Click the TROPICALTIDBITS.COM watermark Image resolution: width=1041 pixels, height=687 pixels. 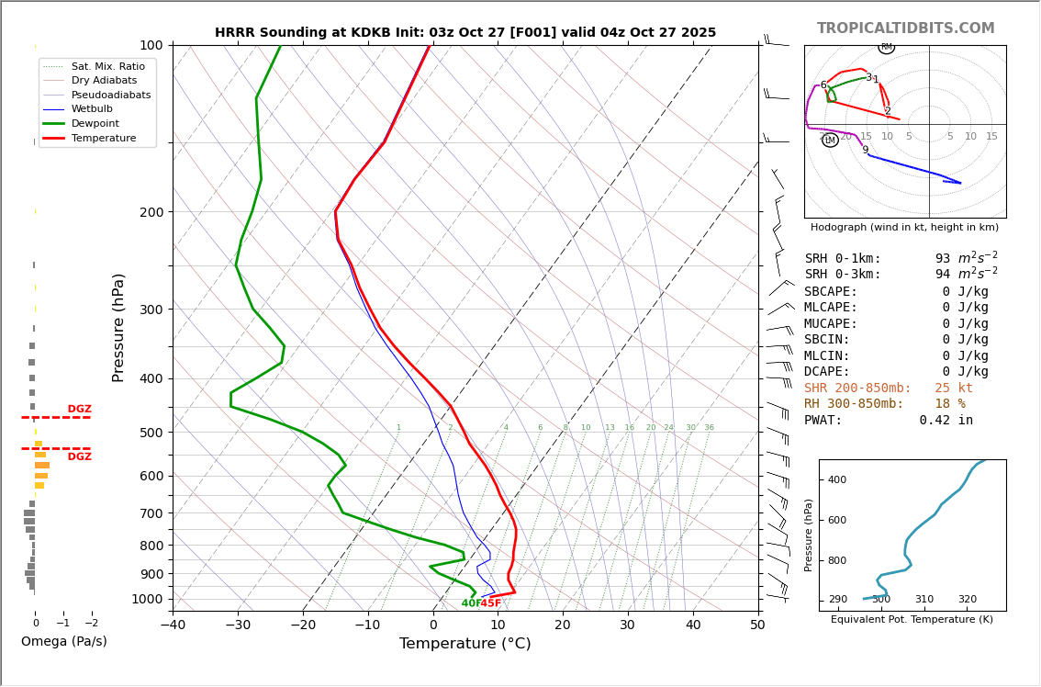(x=905, y=28)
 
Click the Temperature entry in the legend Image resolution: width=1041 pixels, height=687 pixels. (x=103, y=139)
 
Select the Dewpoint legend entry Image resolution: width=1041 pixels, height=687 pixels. (x=96, y=124)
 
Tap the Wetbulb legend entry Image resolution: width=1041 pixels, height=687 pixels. (x=95, y=109)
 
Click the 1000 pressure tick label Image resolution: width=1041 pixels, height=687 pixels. (x=147, y=599)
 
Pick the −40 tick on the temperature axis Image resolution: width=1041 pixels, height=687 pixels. (x=173, y=625)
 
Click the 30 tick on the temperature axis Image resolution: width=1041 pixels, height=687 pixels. (x=628, y=625)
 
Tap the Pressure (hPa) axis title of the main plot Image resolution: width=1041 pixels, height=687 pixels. (x=119, y=327)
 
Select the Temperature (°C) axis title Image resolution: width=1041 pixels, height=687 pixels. (x=465, y=645)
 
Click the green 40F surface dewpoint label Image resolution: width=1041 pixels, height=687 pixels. (x=470, y=603)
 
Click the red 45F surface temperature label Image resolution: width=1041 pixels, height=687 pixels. (x=491, y=603)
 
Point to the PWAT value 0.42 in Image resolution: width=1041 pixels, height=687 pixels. (x=946, y=421)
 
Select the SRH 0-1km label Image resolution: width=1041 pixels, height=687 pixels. (x=843, y=259)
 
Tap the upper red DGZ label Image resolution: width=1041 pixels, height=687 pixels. (x=80, y=410)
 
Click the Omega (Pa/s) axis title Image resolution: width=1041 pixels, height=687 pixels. (x=64, y=642)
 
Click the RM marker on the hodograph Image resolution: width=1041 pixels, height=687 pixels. (x=887, y=47)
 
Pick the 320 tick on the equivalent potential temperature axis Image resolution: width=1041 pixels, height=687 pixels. (x=968, y=600)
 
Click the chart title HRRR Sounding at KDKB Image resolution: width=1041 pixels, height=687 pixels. (x=465, y=33)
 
